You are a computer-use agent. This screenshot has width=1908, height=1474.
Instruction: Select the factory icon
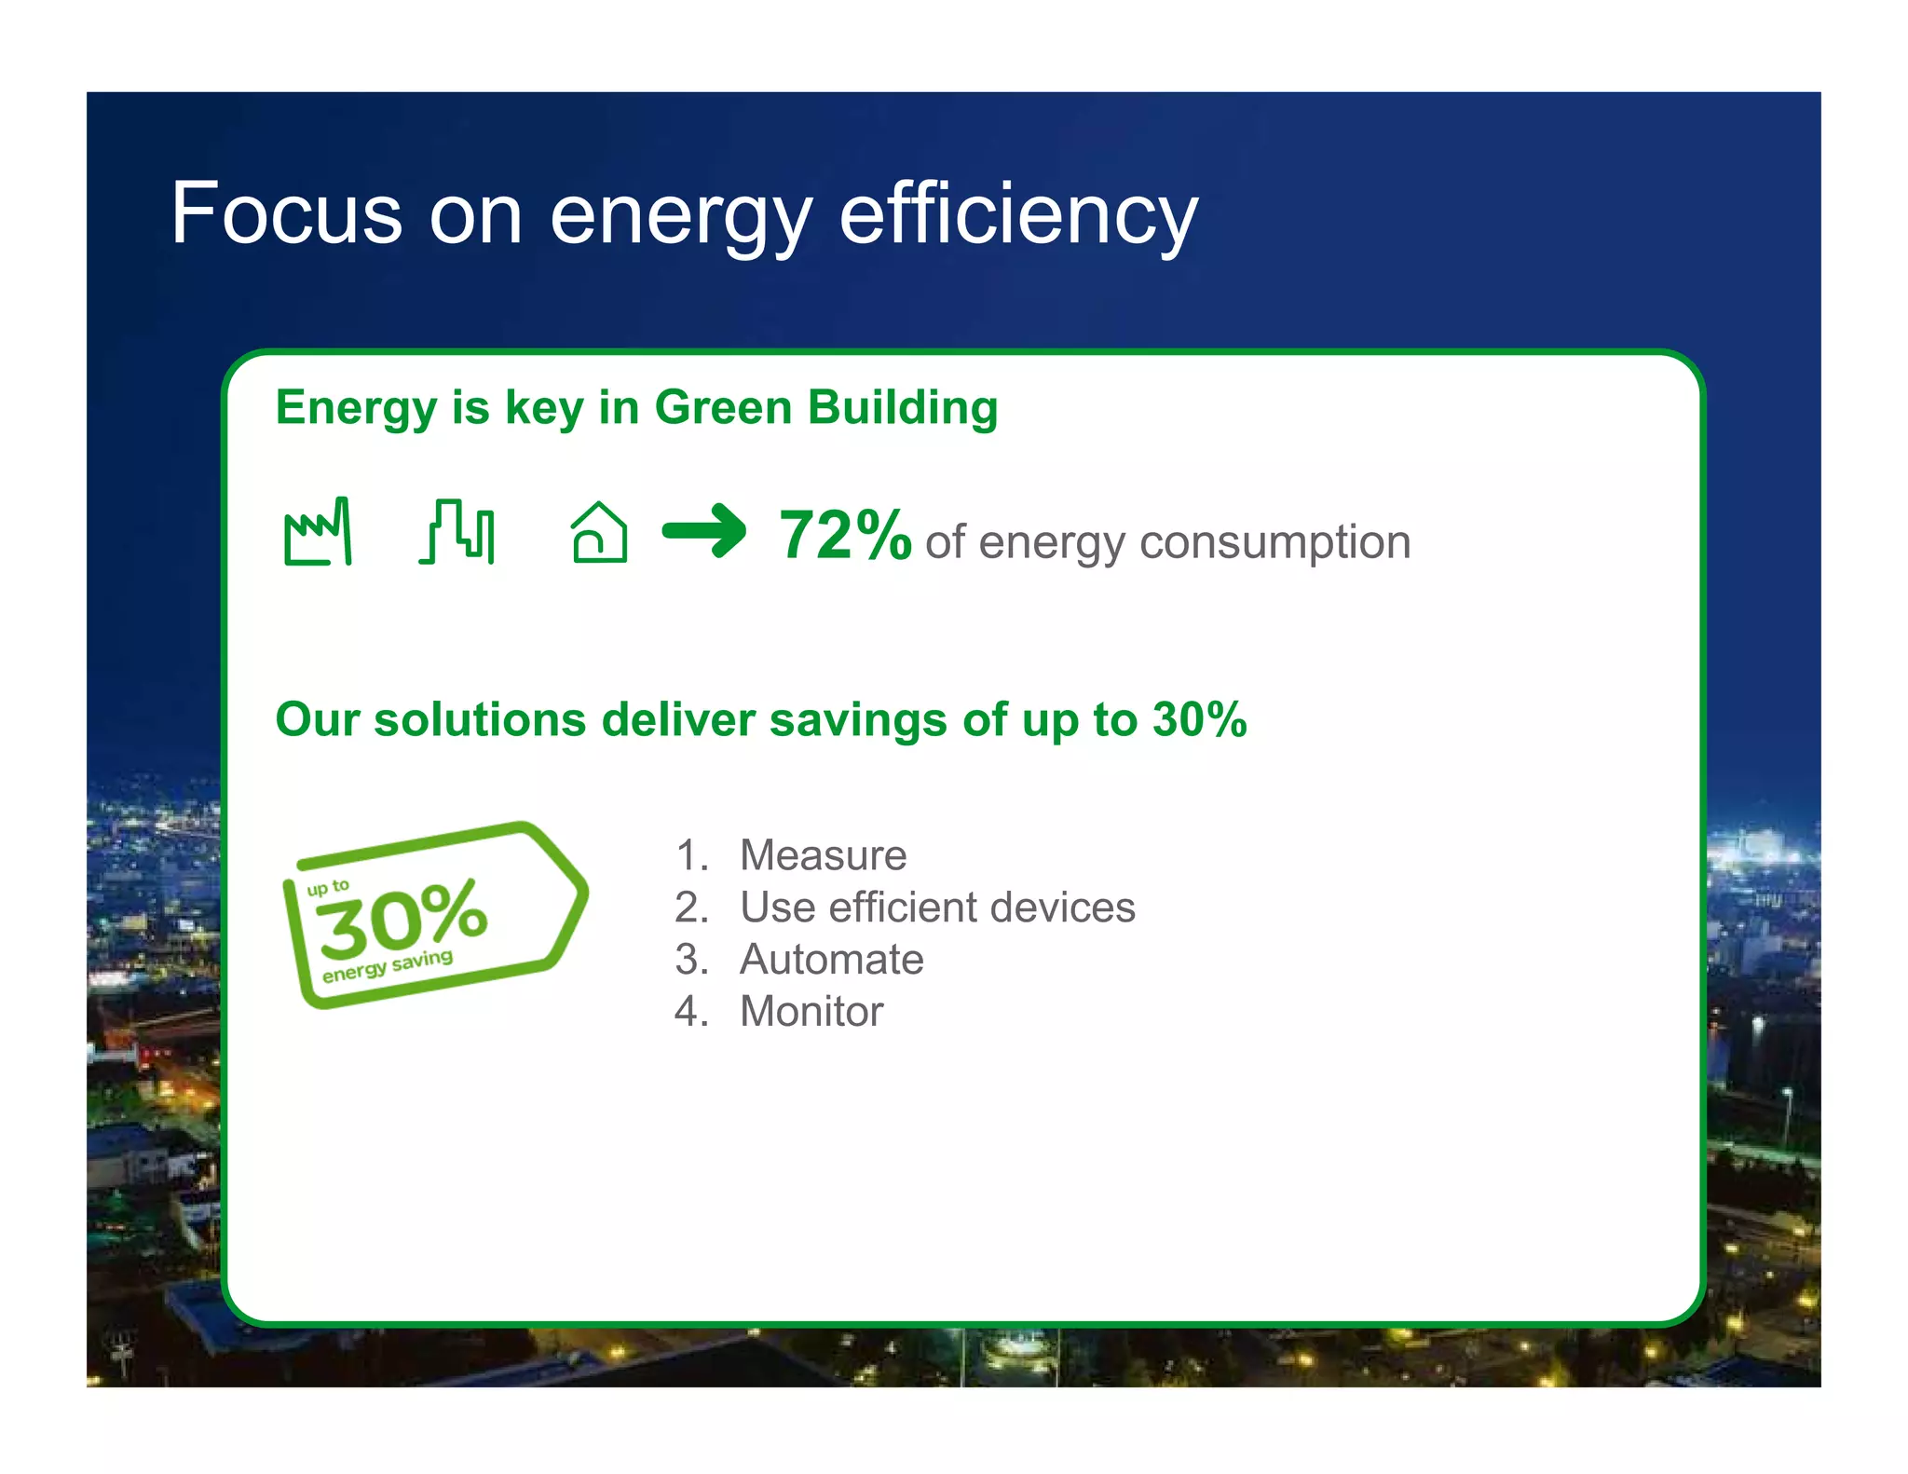pos(318,532)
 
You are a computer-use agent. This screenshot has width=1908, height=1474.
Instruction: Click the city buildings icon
pos(457,532)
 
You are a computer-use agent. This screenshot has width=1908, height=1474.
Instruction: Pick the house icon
pos(598,533)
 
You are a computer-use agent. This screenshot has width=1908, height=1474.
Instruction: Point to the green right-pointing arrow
pos(703,531)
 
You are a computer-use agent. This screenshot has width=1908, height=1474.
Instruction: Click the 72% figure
pos(844,536)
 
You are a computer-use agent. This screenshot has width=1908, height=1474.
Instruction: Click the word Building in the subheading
pos(903,408)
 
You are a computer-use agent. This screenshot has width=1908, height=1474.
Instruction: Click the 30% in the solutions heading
pos(1199,720)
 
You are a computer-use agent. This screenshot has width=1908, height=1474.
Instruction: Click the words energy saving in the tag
pos(387,966)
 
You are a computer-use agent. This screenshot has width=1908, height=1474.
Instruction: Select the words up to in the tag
pos(327,887)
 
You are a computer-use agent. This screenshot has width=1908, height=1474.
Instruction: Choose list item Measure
pos(823,855)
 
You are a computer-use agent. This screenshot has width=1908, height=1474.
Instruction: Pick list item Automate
pos(831,960)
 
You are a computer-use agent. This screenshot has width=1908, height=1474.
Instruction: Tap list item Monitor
pos(811,1012)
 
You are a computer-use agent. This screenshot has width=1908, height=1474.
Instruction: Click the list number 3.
pos(688,960)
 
